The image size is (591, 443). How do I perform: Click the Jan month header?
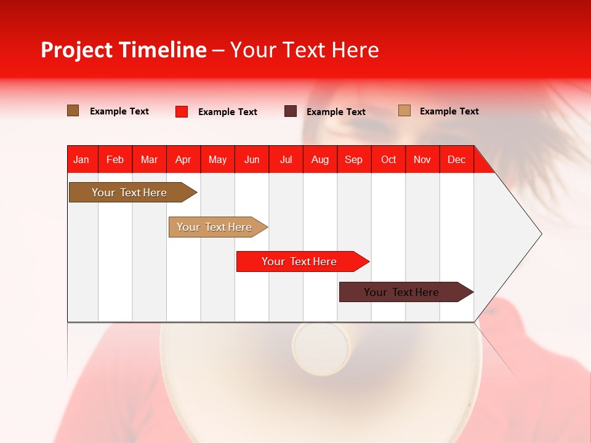click(81, 159)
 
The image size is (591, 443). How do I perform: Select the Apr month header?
click(183, 159)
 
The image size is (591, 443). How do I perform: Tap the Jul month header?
click(286, 159)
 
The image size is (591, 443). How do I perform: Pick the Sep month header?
click(353, 159)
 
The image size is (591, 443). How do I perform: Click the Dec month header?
click(456, 159)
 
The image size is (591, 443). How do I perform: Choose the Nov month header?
click(422, 159)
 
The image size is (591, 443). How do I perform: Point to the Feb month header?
click(115, 159)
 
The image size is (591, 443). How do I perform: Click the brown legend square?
click(73, 111)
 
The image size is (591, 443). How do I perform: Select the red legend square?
click(182, 111)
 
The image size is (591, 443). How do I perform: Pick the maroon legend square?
click(291, 111)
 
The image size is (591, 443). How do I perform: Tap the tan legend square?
click(404, 111)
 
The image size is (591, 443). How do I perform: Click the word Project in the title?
click(77, 50)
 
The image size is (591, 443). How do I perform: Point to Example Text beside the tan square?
click(449, 111)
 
